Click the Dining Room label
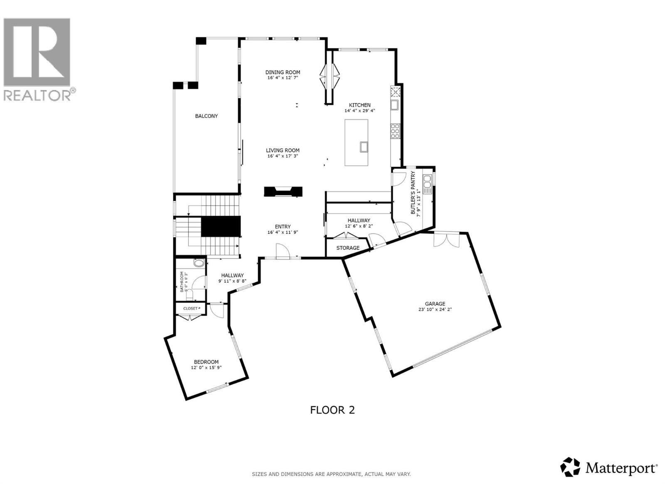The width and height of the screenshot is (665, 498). [283, 72]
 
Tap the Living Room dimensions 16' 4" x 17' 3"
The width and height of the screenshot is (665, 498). [283, 156]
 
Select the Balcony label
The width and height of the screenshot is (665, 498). [207, 116]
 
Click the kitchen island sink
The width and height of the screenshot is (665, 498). [364, 146]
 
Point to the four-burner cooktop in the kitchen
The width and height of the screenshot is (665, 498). [394, 131]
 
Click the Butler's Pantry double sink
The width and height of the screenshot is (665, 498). [427, 184]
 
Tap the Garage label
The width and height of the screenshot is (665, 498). [435, 304]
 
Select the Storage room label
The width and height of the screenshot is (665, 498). [348, 248]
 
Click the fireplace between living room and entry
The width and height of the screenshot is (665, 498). [283, 191]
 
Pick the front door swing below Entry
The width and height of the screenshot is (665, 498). [282, 251]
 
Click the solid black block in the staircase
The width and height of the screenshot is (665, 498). [221, 226]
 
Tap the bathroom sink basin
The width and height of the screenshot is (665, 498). [199, 263]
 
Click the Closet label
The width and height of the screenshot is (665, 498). [190, 309]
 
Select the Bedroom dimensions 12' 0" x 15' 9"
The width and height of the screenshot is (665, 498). [207, 368]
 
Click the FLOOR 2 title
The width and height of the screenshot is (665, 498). [332, 410]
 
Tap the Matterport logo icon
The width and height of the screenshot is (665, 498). [570, 467]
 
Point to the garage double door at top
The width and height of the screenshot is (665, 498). [447, 240]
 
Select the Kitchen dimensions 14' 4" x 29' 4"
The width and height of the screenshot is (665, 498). [360, 111]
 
